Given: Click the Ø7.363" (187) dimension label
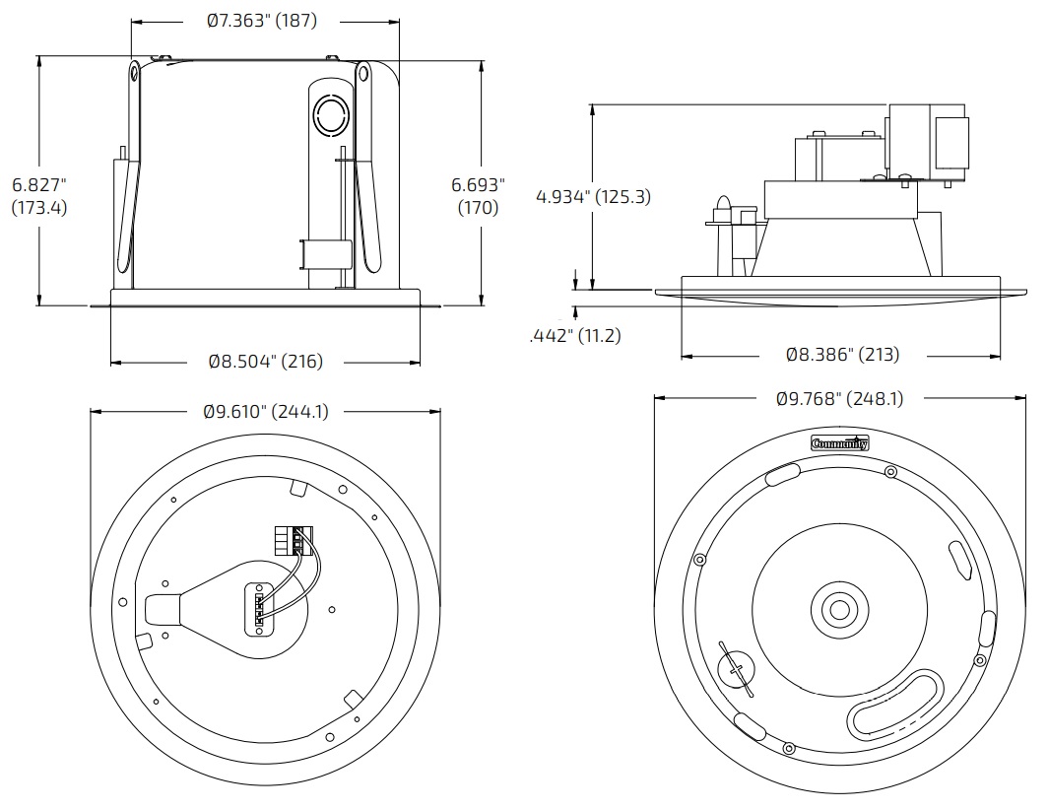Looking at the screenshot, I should [262, 21].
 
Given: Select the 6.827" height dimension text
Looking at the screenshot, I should [39, 195].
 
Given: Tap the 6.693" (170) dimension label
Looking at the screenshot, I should [478, 195].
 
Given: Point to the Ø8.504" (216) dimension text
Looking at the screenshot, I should [265, 362].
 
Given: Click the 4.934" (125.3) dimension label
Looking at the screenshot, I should [593, 196].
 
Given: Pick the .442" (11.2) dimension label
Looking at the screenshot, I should [575, 336].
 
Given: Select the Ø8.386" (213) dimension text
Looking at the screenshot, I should [842, 354].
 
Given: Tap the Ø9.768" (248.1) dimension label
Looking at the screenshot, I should [839, 399].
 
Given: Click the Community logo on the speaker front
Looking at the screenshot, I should [840, 443].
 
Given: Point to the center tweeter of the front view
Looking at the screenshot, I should [839, 608].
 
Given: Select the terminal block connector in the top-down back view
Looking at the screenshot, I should [293, 541].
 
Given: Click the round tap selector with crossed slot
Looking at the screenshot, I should [733, 670].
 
